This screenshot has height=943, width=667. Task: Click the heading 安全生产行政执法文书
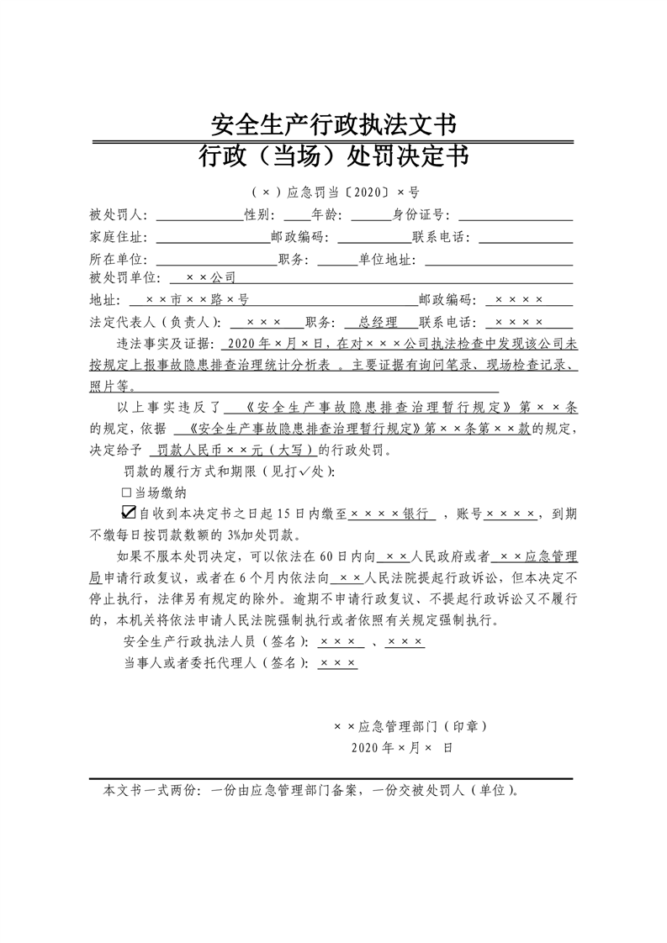[333, 125]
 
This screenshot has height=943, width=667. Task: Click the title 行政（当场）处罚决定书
[333, 156]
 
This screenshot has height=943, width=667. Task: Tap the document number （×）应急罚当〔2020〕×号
[333, 192]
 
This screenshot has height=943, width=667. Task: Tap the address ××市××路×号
[196, 299]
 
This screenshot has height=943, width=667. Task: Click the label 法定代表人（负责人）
[155, 322]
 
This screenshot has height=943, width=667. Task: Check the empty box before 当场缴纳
[127, 493]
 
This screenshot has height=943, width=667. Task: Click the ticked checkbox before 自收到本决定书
[129, 513]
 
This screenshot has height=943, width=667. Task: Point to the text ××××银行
[390, 514]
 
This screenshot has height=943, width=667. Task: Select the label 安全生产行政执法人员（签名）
[216, 643]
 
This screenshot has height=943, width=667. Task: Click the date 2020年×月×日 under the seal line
[402, 747]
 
